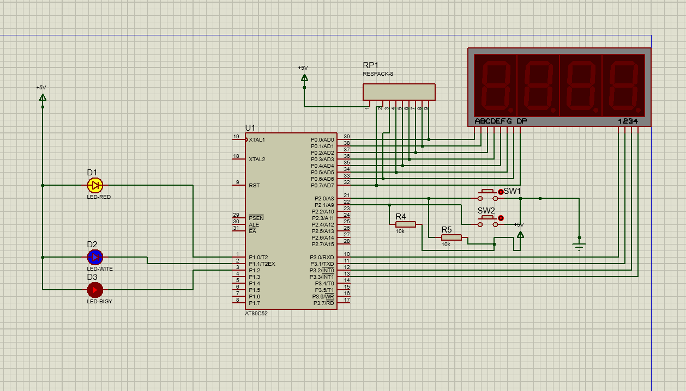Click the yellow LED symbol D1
pyautogui.click(x=95, y=185)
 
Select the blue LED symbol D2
pyautogui.click(x=95, y=257)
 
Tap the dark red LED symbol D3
pyautogui.click(x=95, y=290)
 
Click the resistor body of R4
pyautogui.click(x=406, y=224)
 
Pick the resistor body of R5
pyautogui.click(x=452, y=237)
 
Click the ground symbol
pyautogui.click(x=579, y=246)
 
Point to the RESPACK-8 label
pyautogui.click(x=378, y=74)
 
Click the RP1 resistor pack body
pyautogui.click(x=399, y=92)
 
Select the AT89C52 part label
pyautogui.click(x=256, y=314)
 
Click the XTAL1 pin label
pyautogui.click(x=257, y=140)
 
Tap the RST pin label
pyautogui.click(x=254, y=185)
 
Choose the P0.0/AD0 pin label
pyautogui.click(x=322, y=140)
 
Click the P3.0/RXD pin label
pyautogui.click(x=322, y=257)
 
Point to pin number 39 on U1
pyautogui.click(x=347, y=137)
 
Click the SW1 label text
pyautogui.click(x=512, y=191)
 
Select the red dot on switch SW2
pyautogui.click(x=501, y=218)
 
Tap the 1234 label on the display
pyautogui.click(x=628, y=121)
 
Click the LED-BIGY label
pyautogui.click(x=100, y=301)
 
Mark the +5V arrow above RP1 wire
pyautogui.click(x=304, y=78)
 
